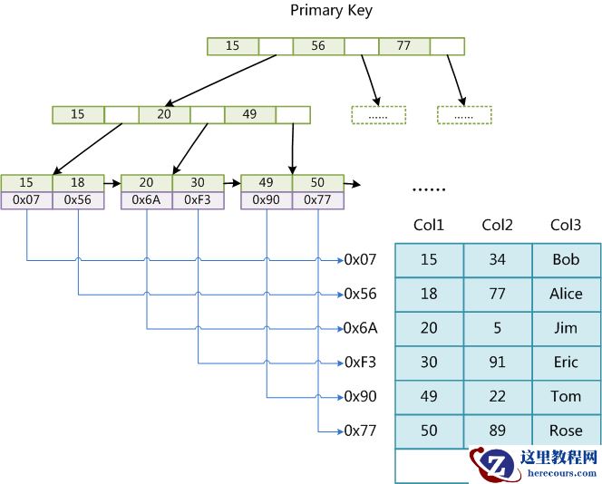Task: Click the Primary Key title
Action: [x=331, y=11]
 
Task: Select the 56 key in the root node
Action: [x=318, y=45]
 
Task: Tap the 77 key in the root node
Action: [x=404, y=45]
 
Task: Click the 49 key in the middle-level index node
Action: [x=249, y=115]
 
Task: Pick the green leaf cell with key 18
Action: [x=78, y=182]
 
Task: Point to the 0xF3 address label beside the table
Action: [x=360, y=362]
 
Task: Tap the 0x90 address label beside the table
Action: [x=360, y=396]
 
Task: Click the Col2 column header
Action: [x=497, y=225]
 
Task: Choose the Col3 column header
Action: [x=565, y=225]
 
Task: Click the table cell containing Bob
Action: [x=566, y=260]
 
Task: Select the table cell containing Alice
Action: [x=566, y=294]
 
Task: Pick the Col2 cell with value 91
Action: [x=497, y=362]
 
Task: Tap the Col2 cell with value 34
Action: [x=497, y=260]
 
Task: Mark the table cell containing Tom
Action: [x=566, y=396]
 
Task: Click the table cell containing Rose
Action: [x=566, y=431]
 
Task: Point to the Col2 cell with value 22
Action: [x=497, y=396]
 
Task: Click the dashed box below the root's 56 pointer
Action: [x=378, y=115]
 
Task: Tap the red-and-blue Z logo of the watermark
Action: [x=494, y=463]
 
